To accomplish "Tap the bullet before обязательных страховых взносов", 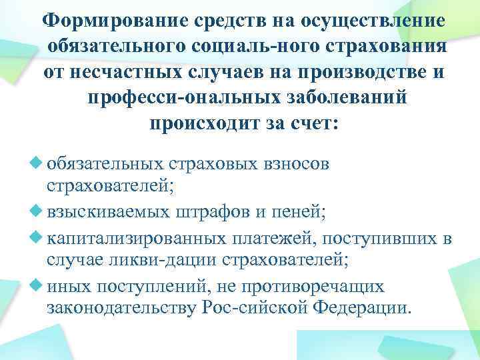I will (x=37, y=164).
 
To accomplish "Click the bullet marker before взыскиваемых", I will (x=37, y=213).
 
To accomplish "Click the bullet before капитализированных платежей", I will (x=37, y=237).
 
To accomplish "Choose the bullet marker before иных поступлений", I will (x=37, y=287).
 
